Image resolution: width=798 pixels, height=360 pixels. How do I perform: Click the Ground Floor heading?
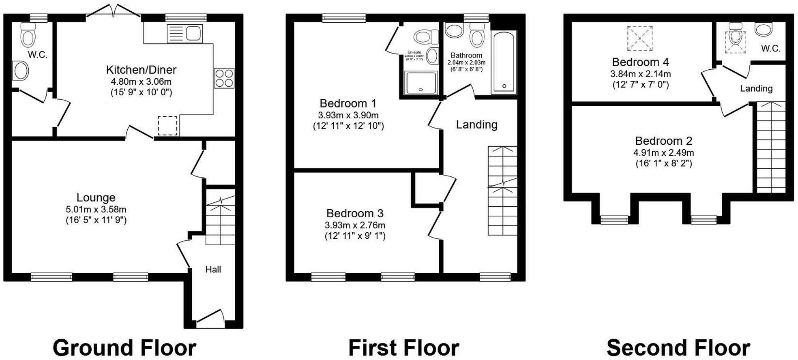(124, 348)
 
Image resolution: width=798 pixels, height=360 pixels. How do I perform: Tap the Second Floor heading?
(678, 348)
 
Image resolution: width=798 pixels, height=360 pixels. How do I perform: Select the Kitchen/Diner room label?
(141, 70)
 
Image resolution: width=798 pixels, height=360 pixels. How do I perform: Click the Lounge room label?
(96, 197)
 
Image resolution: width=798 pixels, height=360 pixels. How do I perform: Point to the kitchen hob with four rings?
(224, 78)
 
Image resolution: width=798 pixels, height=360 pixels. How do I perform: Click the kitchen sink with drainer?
(184, 34)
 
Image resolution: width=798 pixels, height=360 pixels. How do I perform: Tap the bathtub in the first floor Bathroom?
(504, 63)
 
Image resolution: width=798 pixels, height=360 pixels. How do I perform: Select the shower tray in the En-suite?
(421, 83)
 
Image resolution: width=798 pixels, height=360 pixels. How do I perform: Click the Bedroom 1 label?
(348, 103)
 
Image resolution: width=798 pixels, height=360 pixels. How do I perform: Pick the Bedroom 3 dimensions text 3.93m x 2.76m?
(355, 225)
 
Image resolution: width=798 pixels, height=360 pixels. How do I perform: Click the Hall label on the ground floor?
(213, 270)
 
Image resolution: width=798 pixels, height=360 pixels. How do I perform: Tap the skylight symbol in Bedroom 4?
(640, 39)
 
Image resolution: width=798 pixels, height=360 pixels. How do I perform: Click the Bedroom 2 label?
(663, 141)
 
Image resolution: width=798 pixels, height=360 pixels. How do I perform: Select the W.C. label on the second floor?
(770, 49)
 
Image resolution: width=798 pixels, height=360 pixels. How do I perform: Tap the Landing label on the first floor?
(476, 124)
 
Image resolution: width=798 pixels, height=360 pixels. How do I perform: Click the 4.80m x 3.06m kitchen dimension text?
(141, 81)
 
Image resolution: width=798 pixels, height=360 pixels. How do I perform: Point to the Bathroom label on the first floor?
(466, 55)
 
